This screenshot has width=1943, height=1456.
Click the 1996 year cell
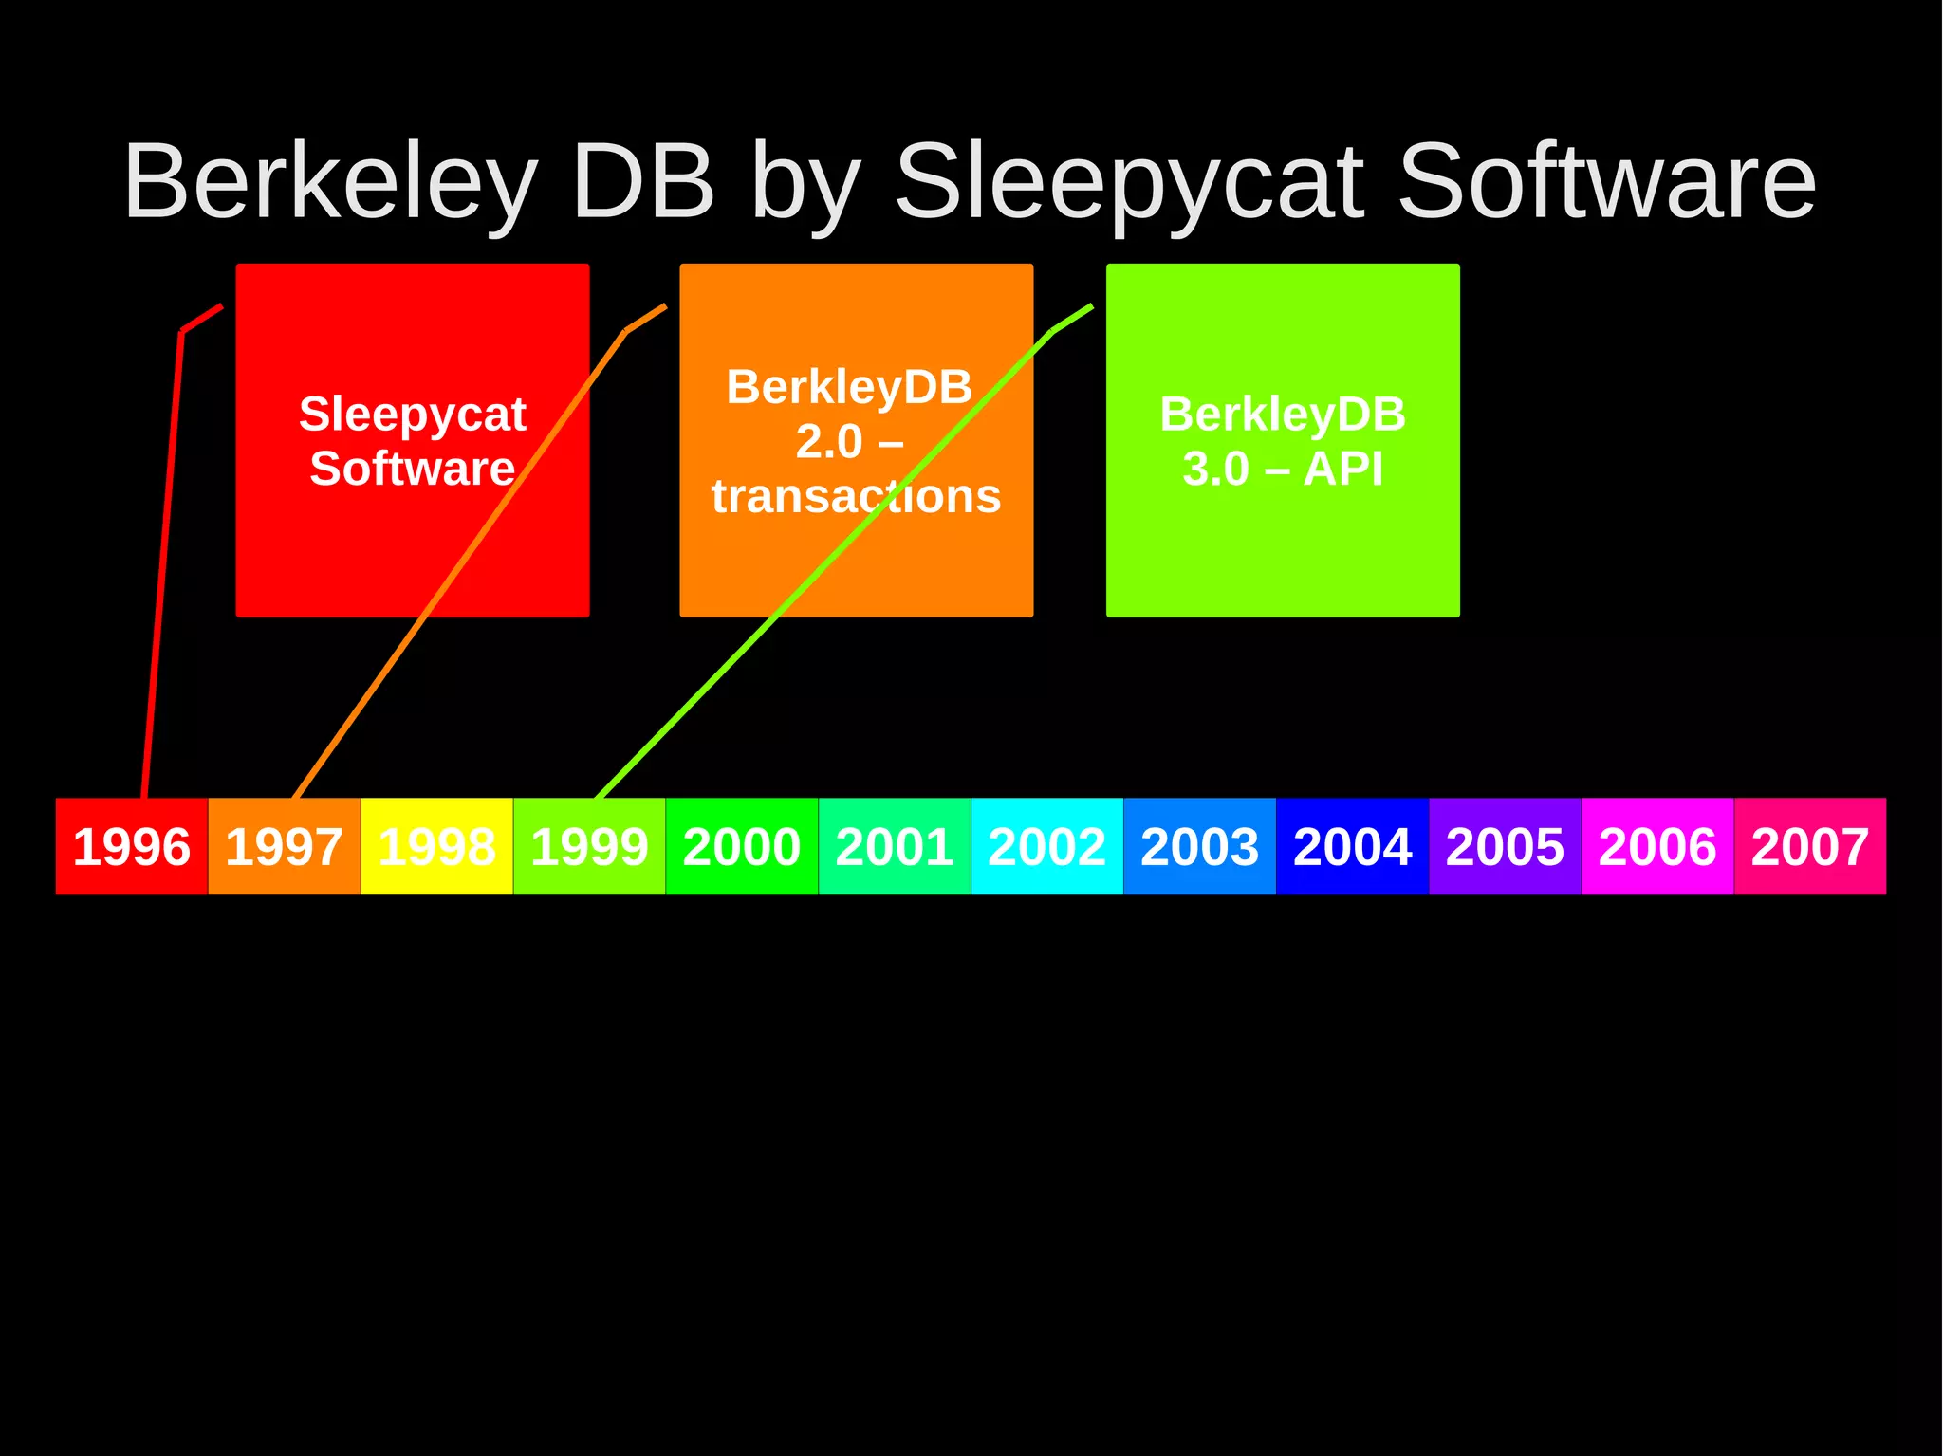(x=131, y=846)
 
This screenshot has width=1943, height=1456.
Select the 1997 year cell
(x=284, y=846)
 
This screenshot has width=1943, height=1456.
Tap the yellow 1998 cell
(x=436, y=846)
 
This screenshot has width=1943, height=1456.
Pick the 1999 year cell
(x=589, y=846)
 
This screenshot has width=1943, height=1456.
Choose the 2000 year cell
(x=742, y=846)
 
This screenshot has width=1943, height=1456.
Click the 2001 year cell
(x=895, y=846)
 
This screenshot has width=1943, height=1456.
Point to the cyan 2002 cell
(x=1047, y=846)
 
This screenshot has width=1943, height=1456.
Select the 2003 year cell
(x=1200, y=846)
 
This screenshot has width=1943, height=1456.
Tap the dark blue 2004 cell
(x=1353, y=846)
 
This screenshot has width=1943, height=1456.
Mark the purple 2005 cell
(x=1506, y=846)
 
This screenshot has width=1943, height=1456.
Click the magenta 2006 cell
(x=1657, y=846)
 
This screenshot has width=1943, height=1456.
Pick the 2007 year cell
(x=1810, y=846)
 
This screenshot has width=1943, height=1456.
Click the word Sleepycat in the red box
(x=413, y=415)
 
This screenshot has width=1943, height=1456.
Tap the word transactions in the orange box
(x=856, y=496)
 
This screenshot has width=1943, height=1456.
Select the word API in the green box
(x=1343, y=469)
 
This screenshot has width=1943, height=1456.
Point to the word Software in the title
(x=1606, y=182)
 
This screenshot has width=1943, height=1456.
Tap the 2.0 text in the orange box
(x=828, y=442)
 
